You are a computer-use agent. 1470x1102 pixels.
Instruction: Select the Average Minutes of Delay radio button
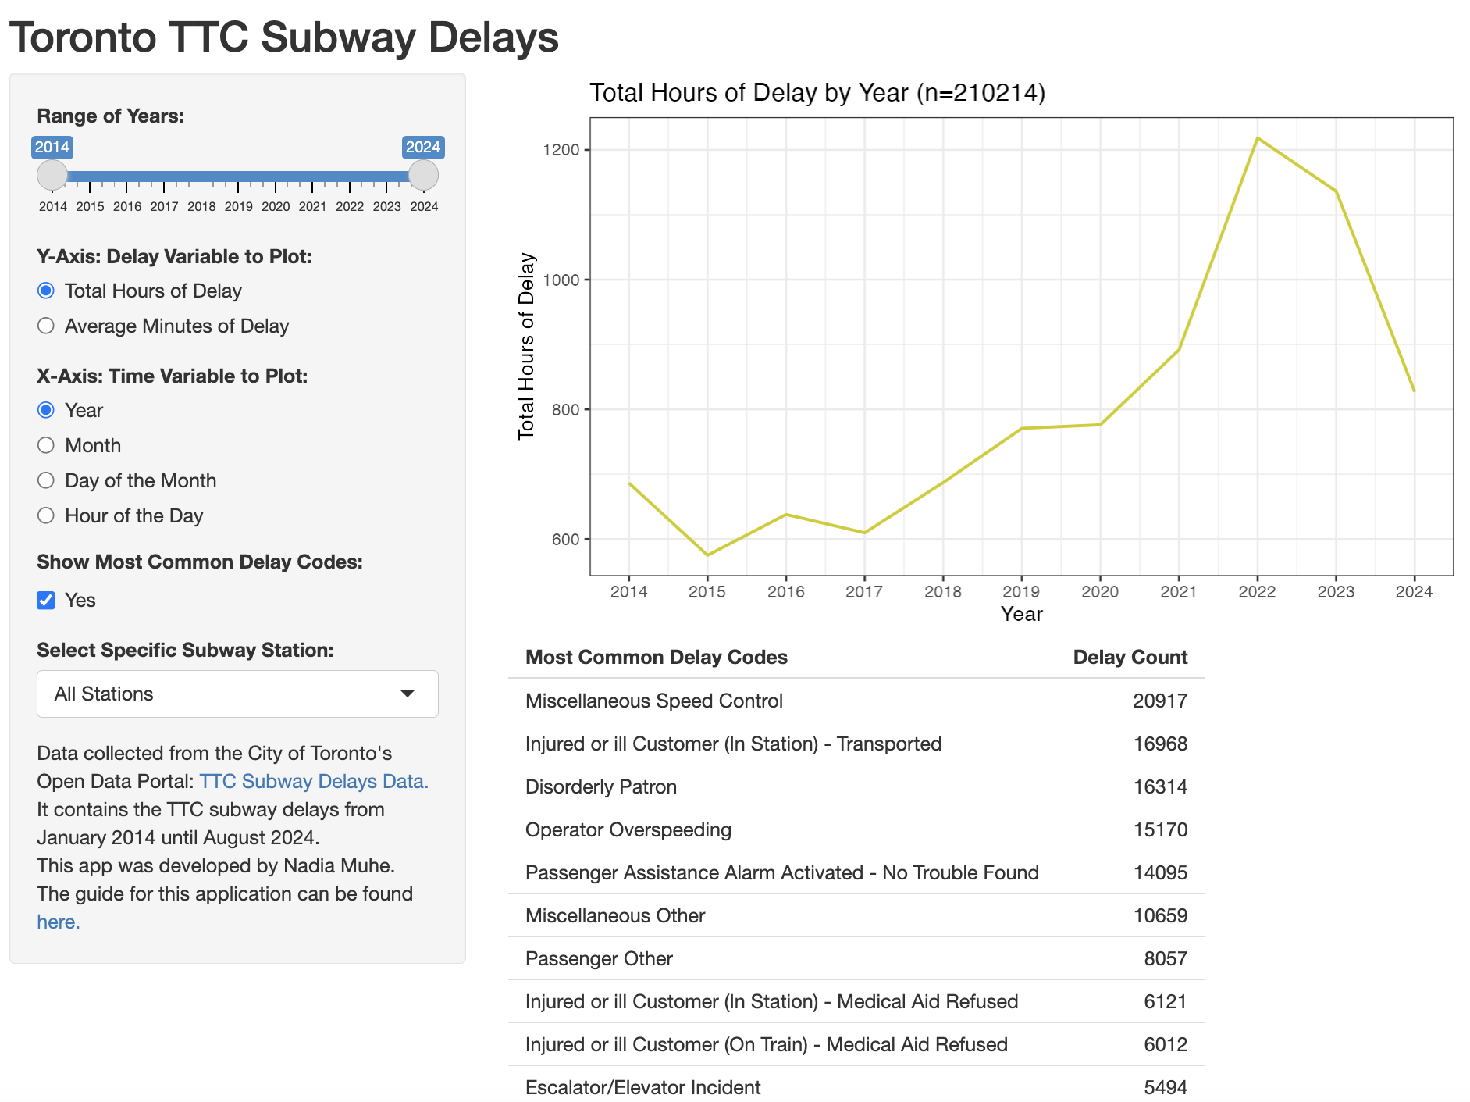click(46, 326)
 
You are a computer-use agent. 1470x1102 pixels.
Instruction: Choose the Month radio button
click(46, 445)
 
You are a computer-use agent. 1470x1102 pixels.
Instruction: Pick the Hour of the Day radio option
click(46, 515)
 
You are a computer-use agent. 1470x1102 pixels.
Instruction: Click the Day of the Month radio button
click(46, 480)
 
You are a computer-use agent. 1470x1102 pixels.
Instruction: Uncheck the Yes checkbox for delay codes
click(46, 600)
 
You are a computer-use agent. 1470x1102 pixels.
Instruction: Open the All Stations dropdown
click(237, 694)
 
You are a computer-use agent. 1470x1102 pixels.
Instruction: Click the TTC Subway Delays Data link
click(314, 781)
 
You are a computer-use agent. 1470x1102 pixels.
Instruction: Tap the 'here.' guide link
click(59, 922)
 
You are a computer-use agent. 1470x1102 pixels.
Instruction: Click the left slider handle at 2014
click(52, 175)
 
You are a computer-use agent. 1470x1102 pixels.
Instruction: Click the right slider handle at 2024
click(423, 175)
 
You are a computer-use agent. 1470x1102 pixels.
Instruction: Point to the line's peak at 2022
click(1257, 138)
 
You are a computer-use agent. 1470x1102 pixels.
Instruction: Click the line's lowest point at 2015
click(707, 555)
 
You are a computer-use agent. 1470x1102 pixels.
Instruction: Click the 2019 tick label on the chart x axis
click(1021, 591)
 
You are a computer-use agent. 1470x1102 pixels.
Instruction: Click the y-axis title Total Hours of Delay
click(526, 346)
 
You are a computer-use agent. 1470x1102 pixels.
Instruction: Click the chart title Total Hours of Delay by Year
click(817, 92)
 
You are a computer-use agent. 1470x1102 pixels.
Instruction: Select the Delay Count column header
click(1130, 657)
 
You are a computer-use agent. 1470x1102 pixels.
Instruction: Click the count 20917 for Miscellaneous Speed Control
click(1159, 701)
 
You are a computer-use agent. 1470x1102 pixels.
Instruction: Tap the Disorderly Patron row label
click(600, 786)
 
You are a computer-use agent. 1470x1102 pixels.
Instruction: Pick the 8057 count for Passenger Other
click(1165, 958)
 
